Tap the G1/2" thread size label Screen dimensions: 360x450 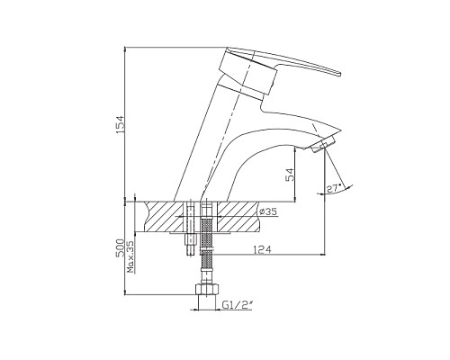pos(237,306)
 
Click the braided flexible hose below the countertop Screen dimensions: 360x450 pos(205,256)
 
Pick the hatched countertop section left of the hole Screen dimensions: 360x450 pos(162,217)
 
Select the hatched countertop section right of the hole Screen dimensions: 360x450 pos(234,217)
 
